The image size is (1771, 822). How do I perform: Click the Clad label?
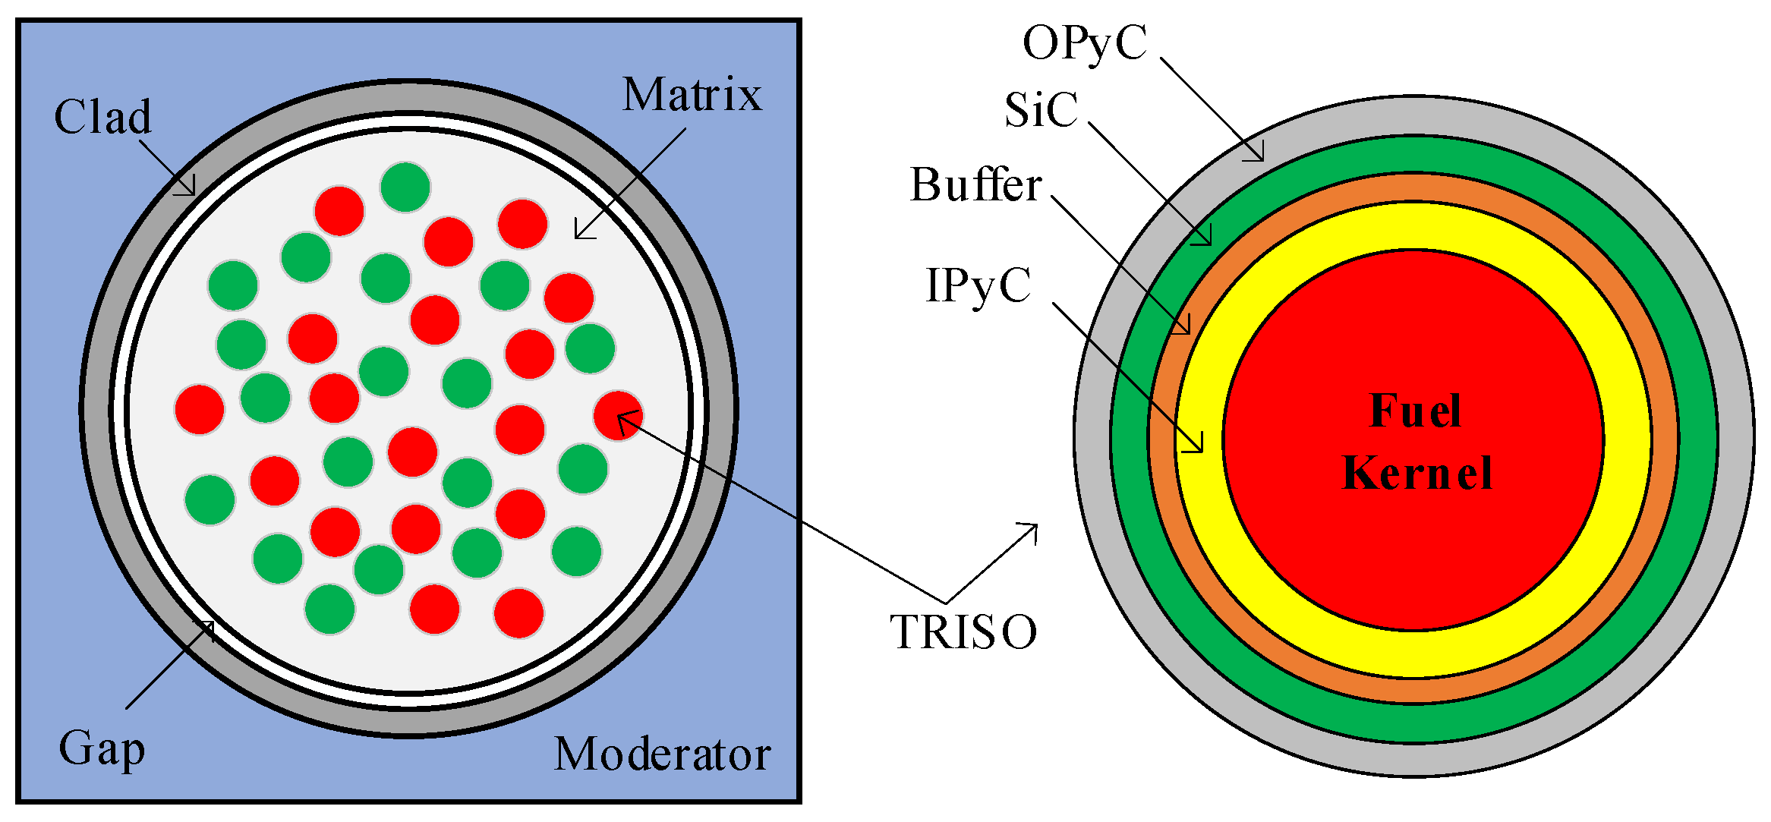click(102, 117)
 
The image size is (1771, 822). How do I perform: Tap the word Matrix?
click(692, 95)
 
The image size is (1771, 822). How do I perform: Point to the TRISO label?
click(963, 631)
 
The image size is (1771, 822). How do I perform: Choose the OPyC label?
click(1085, 43)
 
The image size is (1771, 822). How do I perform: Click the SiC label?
click(1041, 110)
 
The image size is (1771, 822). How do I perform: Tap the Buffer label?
click(975, 184)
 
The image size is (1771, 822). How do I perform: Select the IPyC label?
click(978, 286)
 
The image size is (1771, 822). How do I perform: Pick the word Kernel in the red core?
click(1416, 473)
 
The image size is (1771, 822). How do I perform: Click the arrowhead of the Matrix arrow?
click(578, 236)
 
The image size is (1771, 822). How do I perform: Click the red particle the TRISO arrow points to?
click(618, 415)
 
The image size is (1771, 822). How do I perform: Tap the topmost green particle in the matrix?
click(405, 187)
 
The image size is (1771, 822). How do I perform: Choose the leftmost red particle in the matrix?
click(200, 410)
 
